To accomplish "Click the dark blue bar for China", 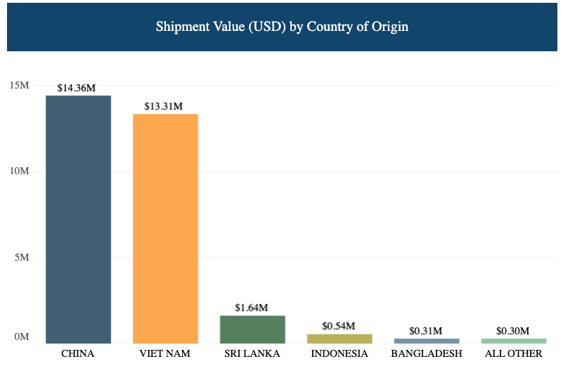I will pyautogui.click(x=78, y=219).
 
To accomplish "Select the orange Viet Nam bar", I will pyautogui.click(x=165, y=228).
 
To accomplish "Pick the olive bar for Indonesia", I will pyautogui.click(x=339, y=339).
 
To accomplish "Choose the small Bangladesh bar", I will pyautogui.click(x=427, y=341).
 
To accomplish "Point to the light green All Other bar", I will pyautogui.click(x=514, y=341).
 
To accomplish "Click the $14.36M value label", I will pyautogui.click(x=78, y=89).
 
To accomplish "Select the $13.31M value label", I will pyautogui.click(x=164, y=107).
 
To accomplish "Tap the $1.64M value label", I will pyautogui.click(x=252, y=308).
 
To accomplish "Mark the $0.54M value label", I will pyautogui.click(x=339, y=327).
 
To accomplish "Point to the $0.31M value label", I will pyautogui.click(x=426, y=331).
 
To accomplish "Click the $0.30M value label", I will pyautogui.click(x=513, y=331).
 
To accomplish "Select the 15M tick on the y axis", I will pyautogui.click(x=20, y=86).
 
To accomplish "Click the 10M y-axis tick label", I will pyautogui.click(x=20, y=172).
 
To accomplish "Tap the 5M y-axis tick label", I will pyautogui.click(x=22, y=258).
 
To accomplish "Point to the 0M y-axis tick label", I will pyautogui.click(x=22, y=337).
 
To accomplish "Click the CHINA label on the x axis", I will pyautogui.click(x=78, y=353).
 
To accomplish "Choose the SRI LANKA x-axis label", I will pyautogui.click(x=252, y=353).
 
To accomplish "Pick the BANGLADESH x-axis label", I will pyautogui.click(x=427, y=353).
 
